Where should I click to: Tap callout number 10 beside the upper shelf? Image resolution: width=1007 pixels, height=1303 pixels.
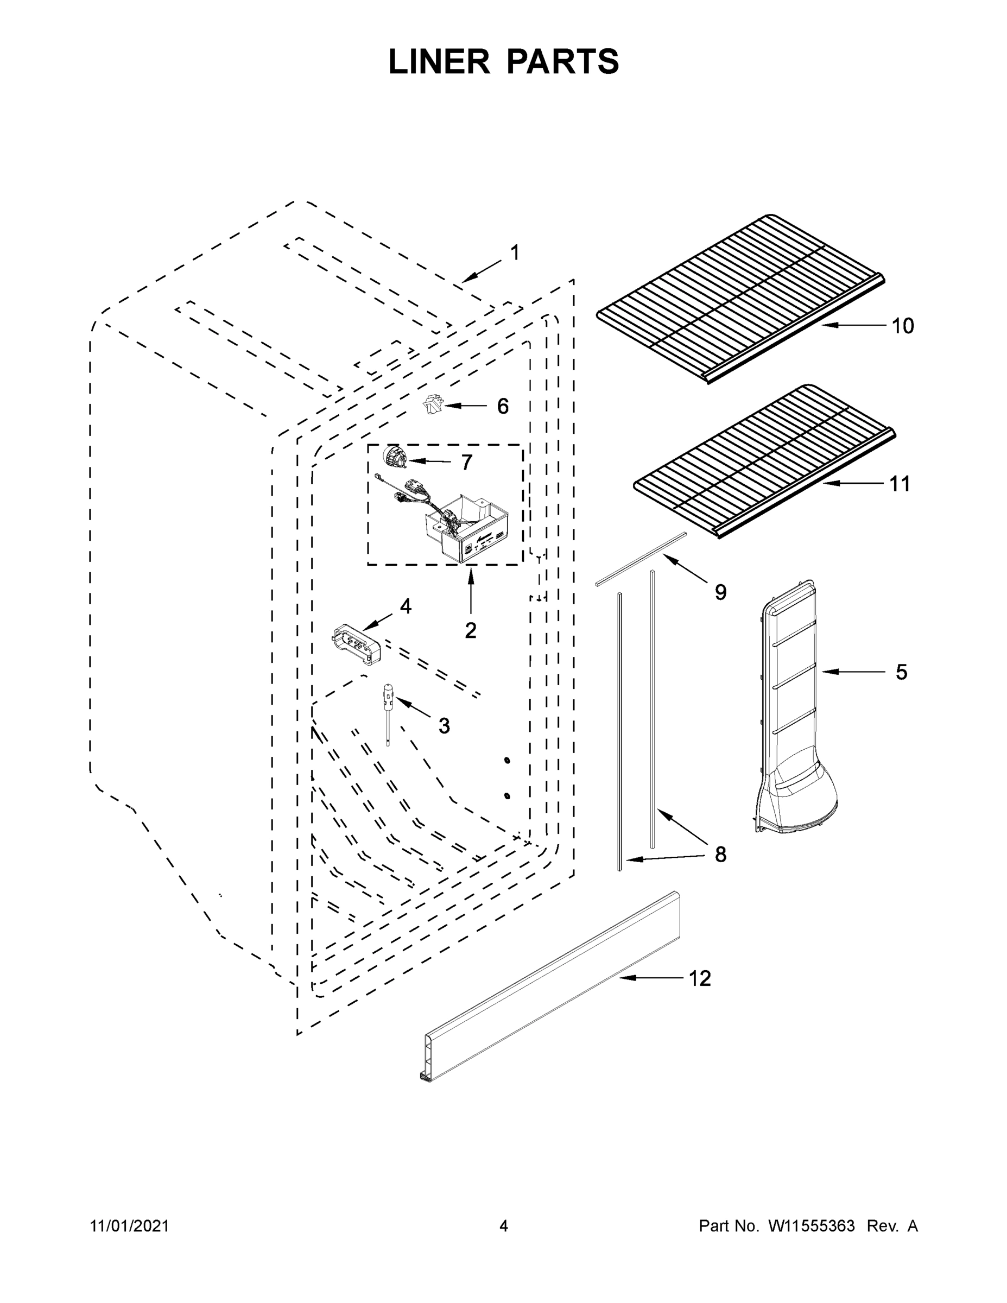903,326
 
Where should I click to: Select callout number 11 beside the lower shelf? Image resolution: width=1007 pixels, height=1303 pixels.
900,484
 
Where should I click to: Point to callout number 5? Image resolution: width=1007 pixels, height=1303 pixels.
901,672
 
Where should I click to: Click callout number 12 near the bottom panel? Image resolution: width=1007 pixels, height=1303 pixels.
700,978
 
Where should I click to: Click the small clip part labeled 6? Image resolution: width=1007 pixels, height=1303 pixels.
430,405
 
